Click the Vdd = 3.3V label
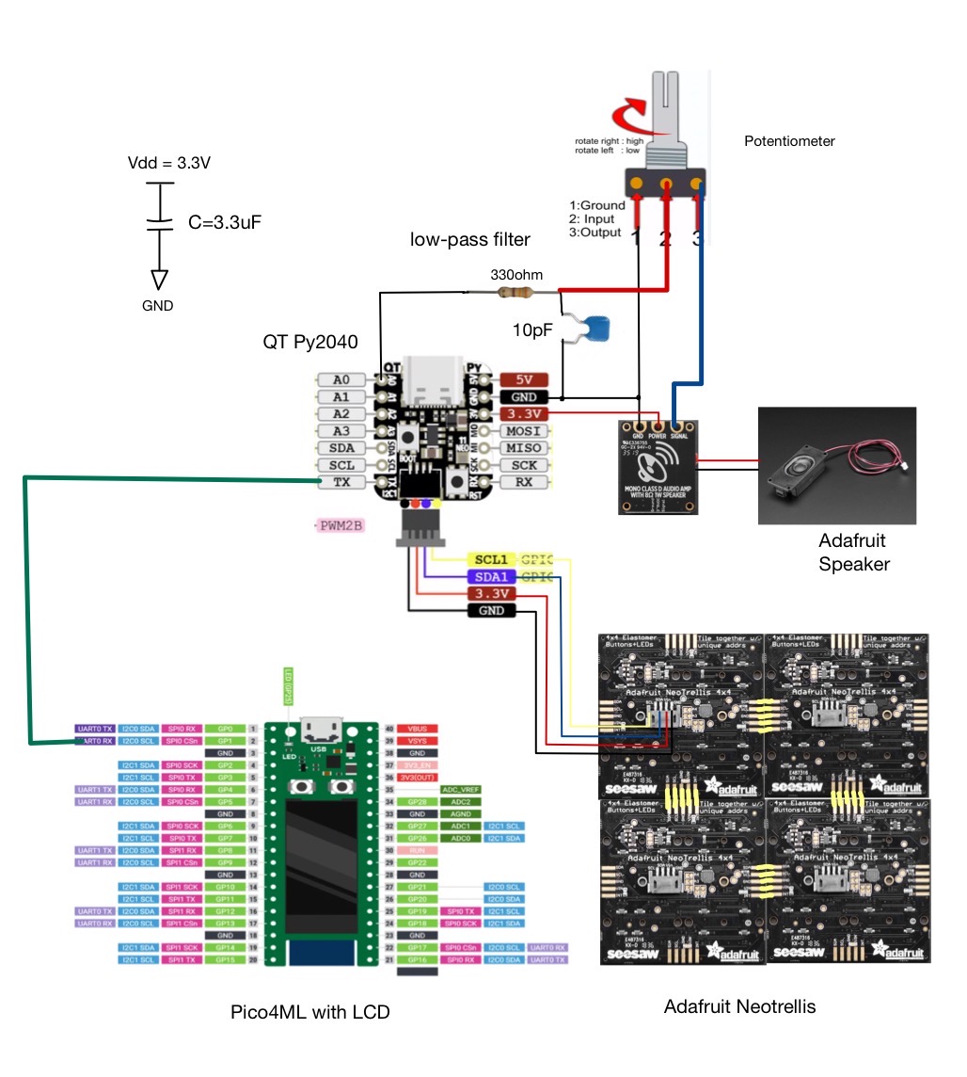[x=169, y=163]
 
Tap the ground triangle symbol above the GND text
[x=159, y=280]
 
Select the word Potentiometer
[x=789, y=141]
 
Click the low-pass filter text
[x=470, y=240]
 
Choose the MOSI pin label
[x=524, y=431]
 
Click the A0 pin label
[x=341, y=379]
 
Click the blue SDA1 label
[x=491, y=577]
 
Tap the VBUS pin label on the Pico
[x=417, y=729]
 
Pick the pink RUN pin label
[x=417, y=849]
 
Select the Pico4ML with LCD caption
[x=309, y=1013]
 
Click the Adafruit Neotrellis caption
[x=739, y=1006]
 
